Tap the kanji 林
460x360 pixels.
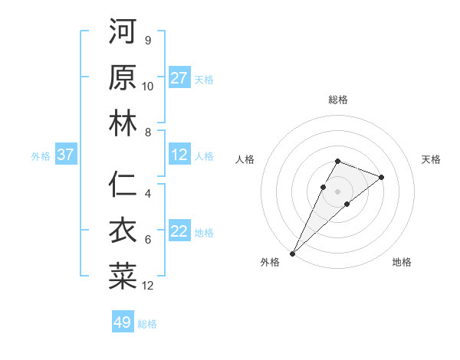(x=123, y=123)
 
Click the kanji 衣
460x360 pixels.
(x=123, y=231)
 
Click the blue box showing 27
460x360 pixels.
(x=179, y=77)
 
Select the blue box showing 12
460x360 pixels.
(x=179, y=155)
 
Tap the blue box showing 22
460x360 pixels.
(x=179, y=231)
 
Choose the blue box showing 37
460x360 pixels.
(x=66, y=155)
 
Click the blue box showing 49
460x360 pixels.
(x=123, y=322)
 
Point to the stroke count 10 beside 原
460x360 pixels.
(x=148, y=87)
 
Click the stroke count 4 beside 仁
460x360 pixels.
(x=148, y=194)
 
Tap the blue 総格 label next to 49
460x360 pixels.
(x=147, y=324)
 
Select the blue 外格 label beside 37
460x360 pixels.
(x=41, y=156)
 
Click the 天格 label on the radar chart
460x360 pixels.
(x=432, y=159)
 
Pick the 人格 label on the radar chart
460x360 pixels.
(x=245, y=159)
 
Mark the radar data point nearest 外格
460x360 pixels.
(x=293, y=253)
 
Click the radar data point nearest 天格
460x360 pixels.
(x=381, y=177)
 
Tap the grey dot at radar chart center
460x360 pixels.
(x=337, y=190)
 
